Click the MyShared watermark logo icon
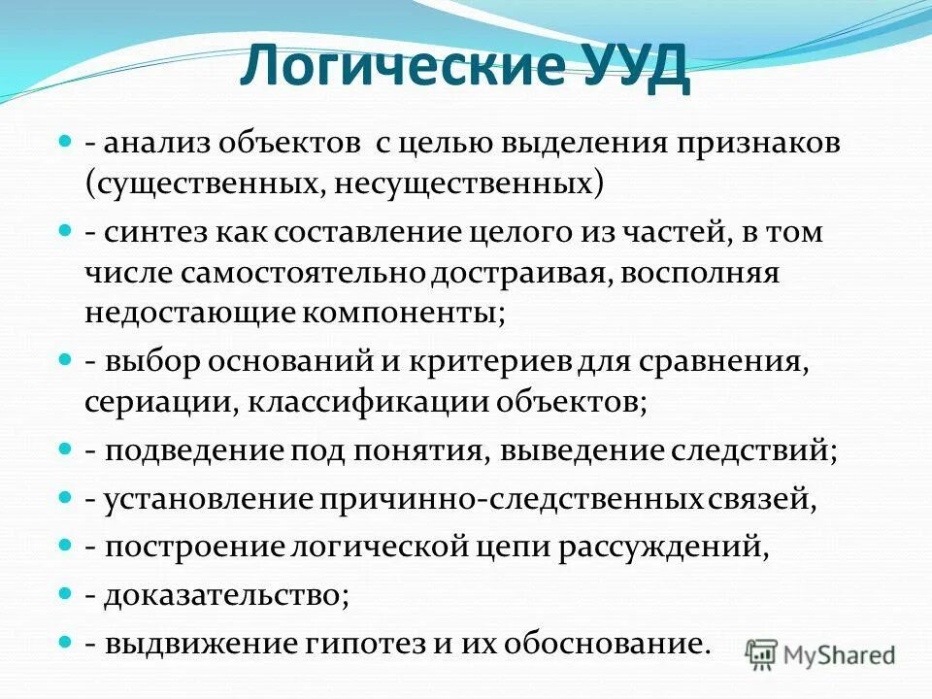(763, 653)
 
